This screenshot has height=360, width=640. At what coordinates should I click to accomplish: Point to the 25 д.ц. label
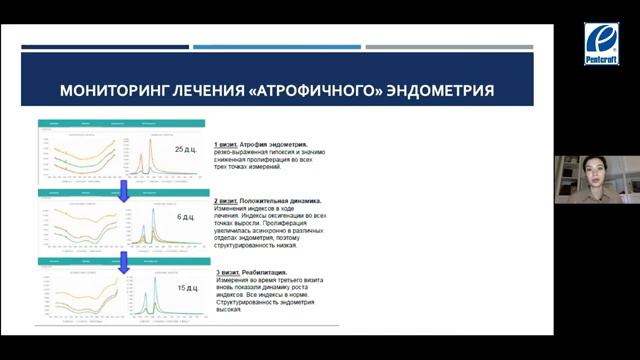(x=185, y=149)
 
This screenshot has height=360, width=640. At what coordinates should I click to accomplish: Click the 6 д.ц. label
(x=187, y=217)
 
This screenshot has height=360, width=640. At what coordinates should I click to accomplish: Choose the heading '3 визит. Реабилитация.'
(x=251, y=272)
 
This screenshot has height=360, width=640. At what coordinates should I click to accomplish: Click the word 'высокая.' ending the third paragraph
(x=228, y=309)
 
